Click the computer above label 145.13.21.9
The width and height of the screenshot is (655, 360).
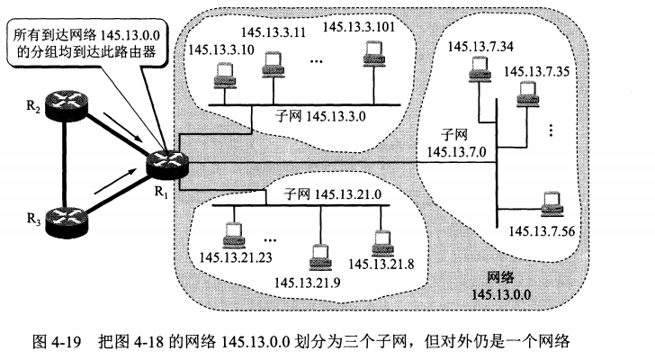[x=316, y=256]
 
